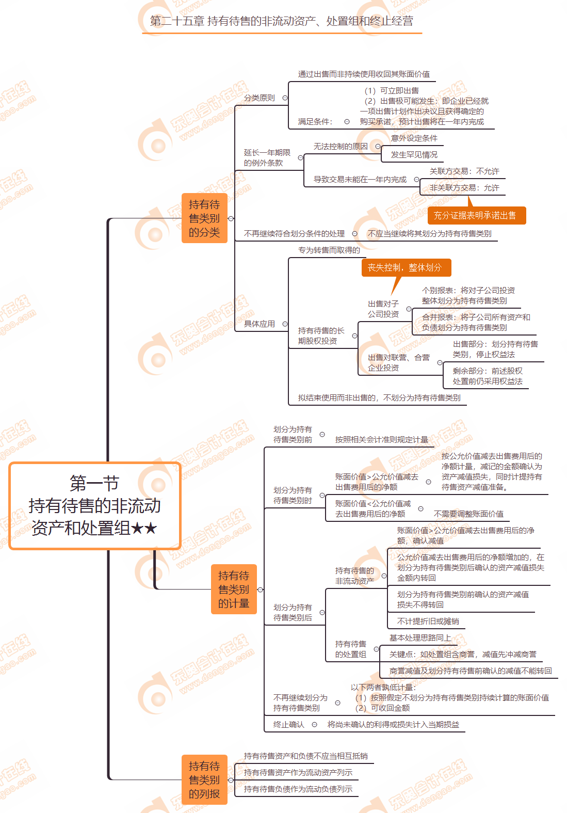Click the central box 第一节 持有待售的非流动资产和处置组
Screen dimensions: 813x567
point(95,506)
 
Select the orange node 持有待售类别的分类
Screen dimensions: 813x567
point(204,218)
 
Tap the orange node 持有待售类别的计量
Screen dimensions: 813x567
point(234,589)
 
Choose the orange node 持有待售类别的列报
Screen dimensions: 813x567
point(204,780)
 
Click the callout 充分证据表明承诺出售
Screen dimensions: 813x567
point(475,216)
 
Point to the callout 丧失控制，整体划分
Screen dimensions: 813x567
point(405,267)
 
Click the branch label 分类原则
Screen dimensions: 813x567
point(260,98)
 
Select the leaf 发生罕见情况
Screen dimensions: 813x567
point(414,155)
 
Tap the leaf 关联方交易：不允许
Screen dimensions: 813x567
point(464,171)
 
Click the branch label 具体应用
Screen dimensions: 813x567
point(260,324)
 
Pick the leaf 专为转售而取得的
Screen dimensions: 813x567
point(329,250)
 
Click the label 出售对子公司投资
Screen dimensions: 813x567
point(383,309)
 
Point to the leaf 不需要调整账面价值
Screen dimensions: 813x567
point(468,514)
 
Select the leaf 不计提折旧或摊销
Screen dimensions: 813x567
point(428,621)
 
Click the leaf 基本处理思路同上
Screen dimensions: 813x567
point(420,638)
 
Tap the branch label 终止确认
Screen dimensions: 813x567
point(289,725)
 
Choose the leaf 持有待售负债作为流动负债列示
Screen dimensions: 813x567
point(298,789)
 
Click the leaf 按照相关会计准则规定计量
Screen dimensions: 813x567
point(382,440)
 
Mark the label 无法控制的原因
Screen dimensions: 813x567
point(341,147)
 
